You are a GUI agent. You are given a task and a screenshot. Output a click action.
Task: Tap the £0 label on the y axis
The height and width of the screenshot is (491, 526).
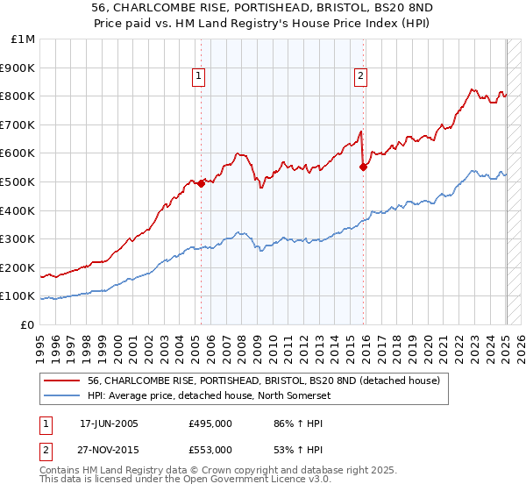pyautogui.click(x=29, y=324)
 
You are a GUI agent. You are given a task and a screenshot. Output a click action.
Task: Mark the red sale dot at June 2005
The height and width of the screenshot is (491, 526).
pyautogui.click(x=201, y=183)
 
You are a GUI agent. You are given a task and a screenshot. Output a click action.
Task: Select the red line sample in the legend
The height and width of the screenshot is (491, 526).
pyautogui.click(x=62, y=380)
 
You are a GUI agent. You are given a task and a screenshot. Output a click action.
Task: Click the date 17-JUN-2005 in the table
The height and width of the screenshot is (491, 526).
pyautogui.click(x=109, y=423)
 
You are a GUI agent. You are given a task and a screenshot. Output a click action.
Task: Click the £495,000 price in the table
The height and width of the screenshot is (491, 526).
pyautogui.click(x=210, y=423)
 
